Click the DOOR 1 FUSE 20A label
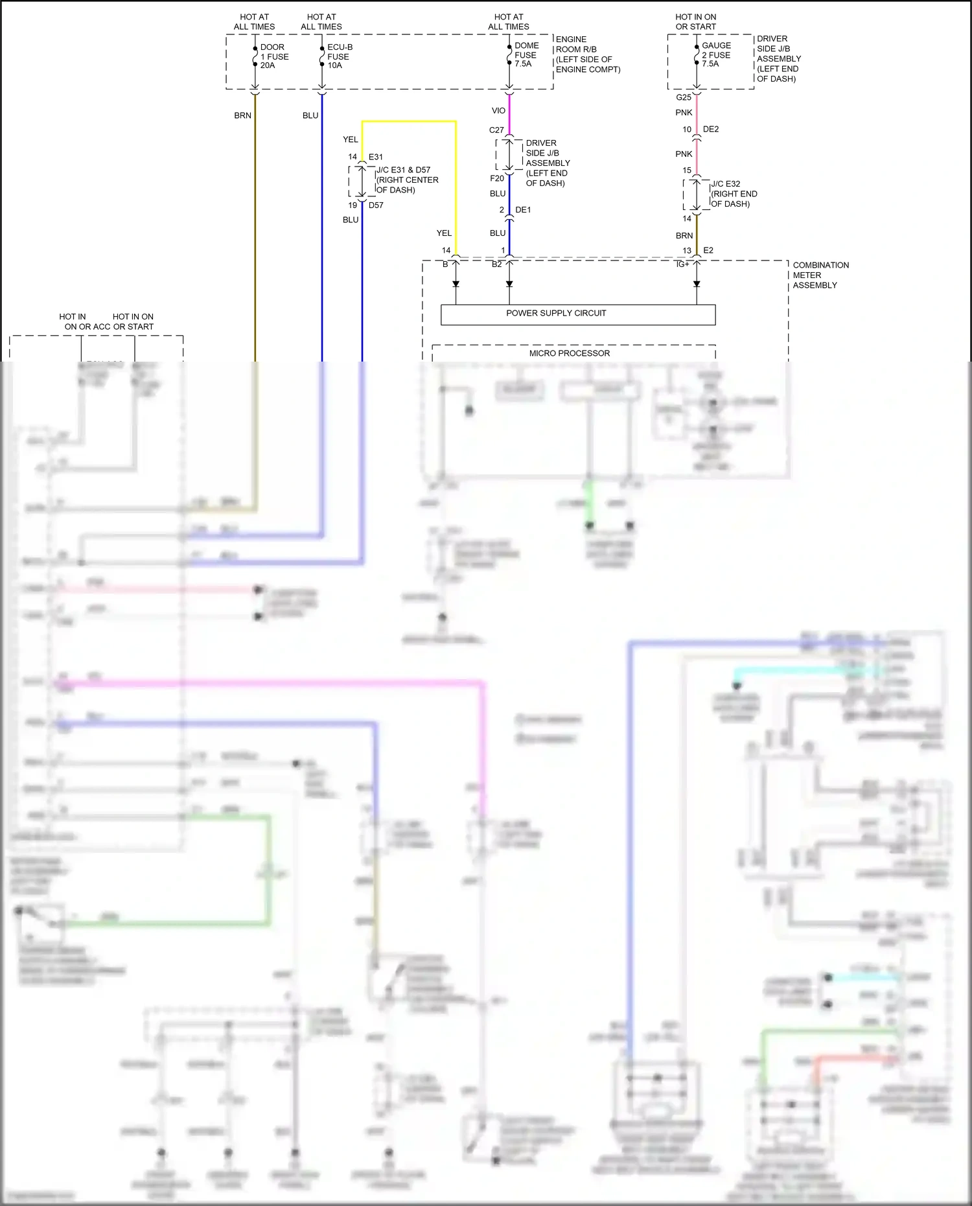tap(273, 56)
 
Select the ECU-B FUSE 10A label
tap(339, 56)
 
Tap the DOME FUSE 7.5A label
tap(526, 55)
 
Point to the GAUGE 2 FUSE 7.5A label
tap(715, 55)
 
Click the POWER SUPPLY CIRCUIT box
tap(577, 314)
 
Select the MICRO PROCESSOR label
tap(569, 354)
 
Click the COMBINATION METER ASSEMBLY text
tap(820, 275)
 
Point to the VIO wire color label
tap(498, 111)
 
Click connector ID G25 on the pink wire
tap(683, 98)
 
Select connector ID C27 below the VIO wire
tap(496, 130)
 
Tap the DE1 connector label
tap(523, 210)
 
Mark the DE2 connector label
tap(710, 130)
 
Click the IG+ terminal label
tap(682, 264)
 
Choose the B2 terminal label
tap(496, 264)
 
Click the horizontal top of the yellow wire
tap(408, 121)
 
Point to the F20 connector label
tap(496, 179)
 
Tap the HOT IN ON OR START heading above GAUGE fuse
tap(695, 22)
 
